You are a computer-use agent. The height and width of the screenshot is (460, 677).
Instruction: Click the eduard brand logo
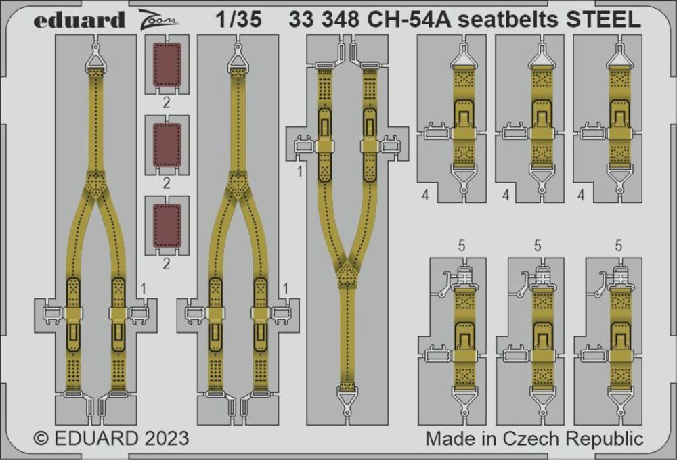pos(79,21)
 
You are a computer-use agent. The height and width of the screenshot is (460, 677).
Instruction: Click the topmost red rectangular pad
pos(167,65)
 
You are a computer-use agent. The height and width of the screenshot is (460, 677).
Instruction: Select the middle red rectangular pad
pos(167,145)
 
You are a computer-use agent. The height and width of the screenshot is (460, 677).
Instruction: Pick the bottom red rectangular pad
pos(167,226)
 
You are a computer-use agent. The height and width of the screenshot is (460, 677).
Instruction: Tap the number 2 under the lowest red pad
pos(167,264)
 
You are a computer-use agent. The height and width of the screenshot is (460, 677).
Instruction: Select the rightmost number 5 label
pos(619,246)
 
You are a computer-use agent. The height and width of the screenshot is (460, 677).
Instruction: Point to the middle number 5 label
pos(538,246)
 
